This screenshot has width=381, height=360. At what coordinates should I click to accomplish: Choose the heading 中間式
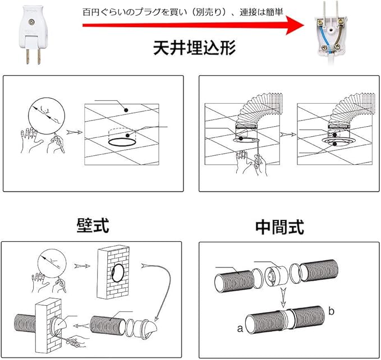click(279, 227)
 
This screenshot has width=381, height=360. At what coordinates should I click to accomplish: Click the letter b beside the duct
click(332, 310)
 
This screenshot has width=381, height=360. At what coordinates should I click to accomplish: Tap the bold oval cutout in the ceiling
click(121, 143)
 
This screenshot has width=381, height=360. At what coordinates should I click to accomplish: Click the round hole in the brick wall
click(119, 274)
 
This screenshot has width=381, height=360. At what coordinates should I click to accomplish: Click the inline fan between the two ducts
click(273, 277)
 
